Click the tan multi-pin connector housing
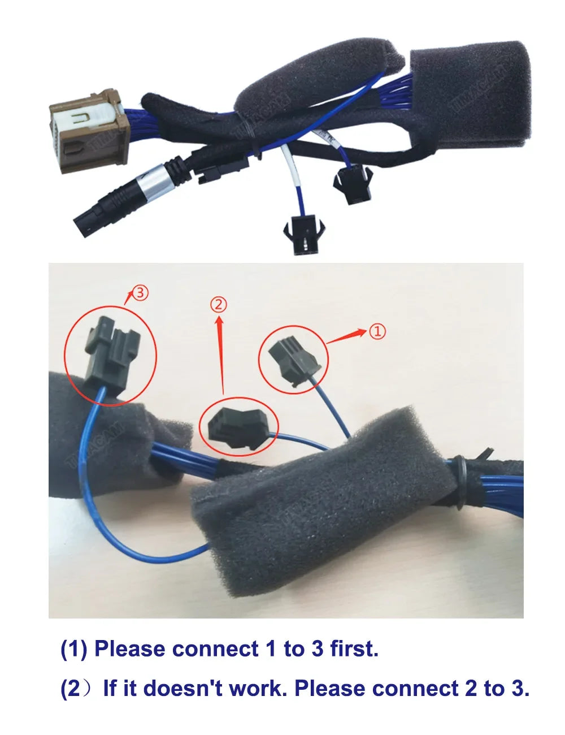coord(89,131)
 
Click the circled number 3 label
coord(140,292)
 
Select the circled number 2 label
coord(219,304)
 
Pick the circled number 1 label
coord(377,331)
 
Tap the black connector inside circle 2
coord(239,427)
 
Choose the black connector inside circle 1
coord(293,364)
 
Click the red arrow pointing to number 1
coord(346,336)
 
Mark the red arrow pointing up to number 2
coord(221,355)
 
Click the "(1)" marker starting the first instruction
coord(73,648)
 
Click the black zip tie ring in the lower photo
coord(459,481)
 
